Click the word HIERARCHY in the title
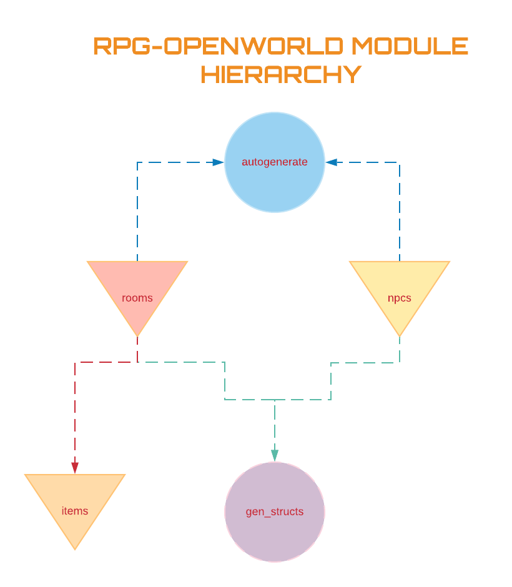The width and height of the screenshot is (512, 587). (x=281, y=74)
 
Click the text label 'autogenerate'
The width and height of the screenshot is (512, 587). (x=275, y=162)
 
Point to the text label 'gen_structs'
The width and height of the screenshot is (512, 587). (x=275, y=512)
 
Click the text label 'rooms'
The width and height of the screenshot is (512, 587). (x=137, y=298)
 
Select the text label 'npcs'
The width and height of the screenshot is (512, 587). (x=400, y=298)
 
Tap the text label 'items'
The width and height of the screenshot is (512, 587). (x=75, y=511)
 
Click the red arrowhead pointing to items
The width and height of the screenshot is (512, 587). (x=75, y=468)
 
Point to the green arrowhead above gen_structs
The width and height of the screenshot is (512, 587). (x=275, y=455)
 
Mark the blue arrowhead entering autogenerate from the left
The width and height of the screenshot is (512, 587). (x=218, y=162)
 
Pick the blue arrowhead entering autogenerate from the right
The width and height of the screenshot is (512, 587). (x=332, y=162)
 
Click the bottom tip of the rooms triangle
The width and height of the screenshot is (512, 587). (x=137, y=335)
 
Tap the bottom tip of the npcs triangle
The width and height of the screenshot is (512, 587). (x=400, y=335)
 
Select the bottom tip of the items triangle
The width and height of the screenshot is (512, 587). (x=75, y=548)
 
